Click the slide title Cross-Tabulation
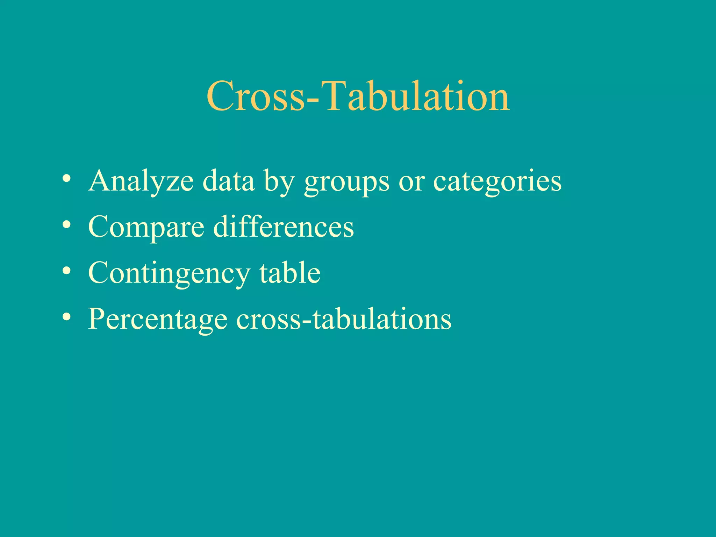click(358, 96)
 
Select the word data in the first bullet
click(229, 181)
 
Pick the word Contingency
click(169, 274)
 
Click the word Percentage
click(157, 320)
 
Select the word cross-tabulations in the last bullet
click(344, 319)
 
